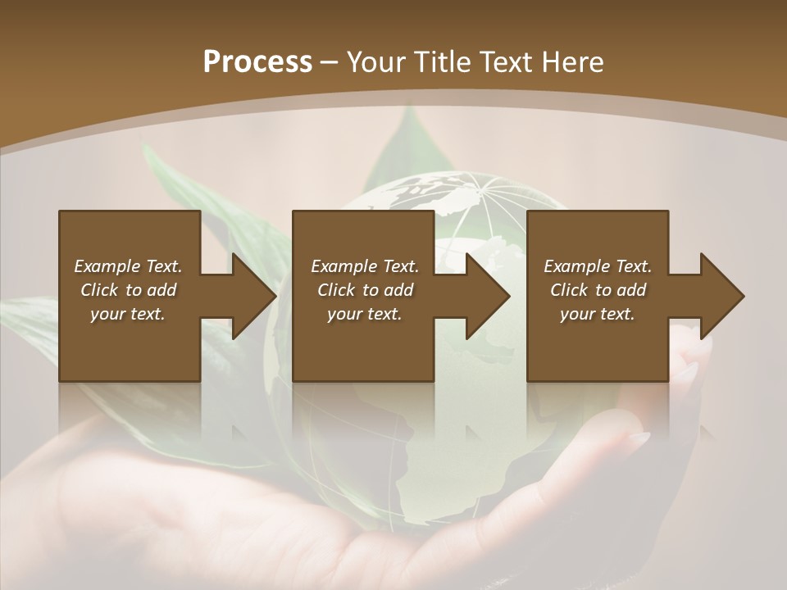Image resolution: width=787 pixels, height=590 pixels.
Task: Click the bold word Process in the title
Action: tap(257, 62)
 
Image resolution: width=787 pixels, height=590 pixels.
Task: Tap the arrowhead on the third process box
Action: tap(722, 296)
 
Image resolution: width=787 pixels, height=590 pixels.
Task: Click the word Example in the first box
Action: tap(107, 266)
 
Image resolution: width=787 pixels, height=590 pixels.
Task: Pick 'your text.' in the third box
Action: tap(597, 314)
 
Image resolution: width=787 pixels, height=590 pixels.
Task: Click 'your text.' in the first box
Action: tap(128, 314)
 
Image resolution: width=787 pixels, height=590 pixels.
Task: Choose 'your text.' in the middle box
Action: tap(364, 314)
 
